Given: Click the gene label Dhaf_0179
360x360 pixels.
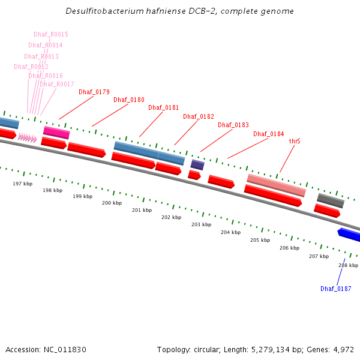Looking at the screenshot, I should click(94, 92).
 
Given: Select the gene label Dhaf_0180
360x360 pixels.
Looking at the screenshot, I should click(129, 100).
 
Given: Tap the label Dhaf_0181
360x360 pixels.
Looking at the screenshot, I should click(164, 107).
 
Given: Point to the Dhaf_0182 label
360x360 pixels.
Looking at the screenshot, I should click(199, 116).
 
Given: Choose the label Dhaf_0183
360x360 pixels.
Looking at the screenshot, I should click(233, 125).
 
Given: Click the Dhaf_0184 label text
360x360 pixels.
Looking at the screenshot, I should click(269, 134).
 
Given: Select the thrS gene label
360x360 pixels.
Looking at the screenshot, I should click(295, 142).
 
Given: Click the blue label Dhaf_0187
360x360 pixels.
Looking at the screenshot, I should click(336, 289).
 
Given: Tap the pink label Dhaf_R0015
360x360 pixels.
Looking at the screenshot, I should click(51, 35).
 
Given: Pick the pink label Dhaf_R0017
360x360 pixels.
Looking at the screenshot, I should click(57, 85).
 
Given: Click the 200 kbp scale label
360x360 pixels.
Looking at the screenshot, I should click(112, 203).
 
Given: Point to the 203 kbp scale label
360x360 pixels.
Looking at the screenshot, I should click(201, 224).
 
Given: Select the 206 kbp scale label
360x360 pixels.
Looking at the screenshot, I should click(289, 248).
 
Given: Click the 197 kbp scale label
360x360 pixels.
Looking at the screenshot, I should click(23, 184).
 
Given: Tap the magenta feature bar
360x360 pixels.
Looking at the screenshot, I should click(56, 133).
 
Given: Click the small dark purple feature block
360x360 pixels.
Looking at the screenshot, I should click(197, 164).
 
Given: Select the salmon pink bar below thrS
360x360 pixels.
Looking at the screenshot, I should click(277, 185).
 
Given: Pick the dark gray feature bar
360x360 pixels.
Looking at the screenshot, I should click(331, 200).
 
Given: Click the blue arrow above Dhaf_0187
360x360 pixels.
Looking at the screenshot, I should click(349, 235).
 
